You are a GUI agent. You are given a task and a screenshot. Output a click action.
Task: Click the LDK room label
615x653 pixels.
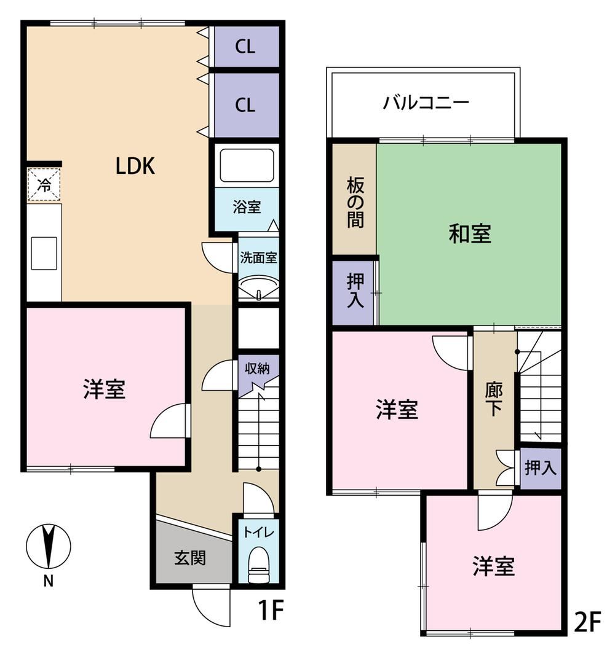(x=135, y=166)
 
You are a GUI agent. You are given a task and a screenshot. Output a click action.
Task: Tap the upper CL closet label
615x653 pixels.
(x=245, y=47)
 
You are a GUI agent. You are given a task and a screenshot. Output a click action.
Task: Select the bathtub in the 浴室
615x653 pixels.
(x=247, y=165)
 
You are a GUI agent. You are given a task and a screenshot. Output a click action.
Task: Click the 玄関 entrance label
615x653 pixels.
(x=190, y=558)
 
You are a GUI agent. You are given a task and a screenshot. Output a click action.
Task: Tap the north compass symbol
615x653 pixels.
(x=49, y=546)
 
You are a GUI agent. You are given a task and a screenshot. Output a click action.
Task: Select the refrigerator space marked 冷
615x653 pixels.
(x=44, y=185)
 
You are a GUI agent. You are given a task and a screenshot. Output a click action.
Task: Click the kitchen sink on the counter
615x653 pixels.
(x=44, y=253)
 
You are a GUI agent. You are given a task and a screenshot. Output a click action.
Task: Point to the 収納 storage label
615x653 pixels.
(x=257, y=368)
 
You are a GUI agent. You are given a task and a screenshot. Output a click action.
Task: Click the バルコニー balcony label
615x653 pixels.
(x=426, y=103)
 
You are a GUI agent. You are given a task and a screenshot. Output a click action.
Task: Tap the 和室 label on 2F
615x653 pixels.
(x=470, y=233)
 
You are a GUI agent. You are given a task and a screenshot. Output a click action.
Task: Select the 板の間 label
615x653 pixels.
(x=355, y=203)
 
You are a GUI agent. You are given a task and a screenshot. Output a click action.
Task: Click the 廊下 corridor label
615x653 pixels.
(x=494, y=399)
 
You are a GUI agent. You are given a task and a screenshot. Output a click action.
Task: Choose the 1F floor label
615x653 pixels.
(x=271, y=611)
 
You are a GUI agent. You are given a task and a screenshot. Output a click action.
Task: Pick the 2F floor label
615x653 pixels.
(x=587, y=621)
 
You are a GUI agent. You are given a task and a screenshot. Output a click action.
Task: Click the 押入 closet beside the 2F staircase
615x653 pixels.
(x=541, y=468)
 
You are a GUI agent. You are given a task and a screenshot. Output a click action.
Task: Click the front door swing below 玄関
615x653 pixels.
(x=212, y=606)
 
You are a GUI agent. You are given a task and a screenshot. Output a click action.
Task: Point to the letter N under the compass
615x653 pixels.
(x=49, y=581)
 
